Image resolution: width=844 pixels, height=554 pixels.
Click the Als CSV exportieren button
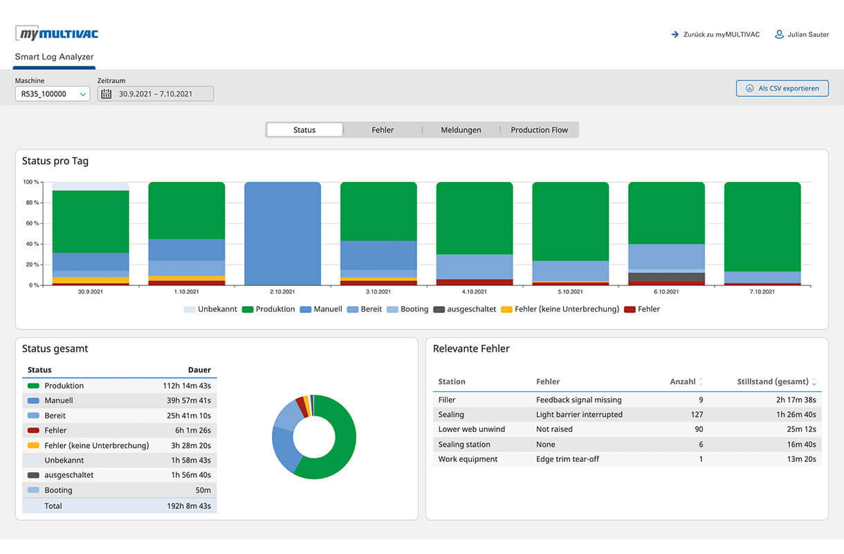pos(782,89)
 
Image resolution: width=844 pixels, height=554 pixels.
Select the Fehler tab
pos(383,130)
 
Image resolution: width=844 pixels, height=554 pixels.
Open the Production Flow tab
pos(539,130)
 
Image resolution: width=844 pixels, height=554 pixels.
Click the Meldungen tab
pos(461,130)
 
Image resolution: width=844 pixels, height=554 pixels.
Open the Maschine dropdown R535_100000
pos(53,94)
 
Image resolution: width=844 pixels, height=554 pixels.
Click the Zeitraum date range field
pos(155,94)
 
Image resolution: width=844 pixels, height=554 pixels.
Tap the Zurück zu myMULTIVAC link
pos(715,35)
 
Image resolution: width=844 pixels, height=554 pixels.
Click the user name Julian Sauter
pos(807,35)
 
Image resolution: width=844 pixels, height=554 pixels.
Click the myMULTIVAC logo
pos(57,33)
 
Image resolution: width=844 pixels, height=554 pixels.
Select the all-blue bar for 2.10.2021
pos(282,233)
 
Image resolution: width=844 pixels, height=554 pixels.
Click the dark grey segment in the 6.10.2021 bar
pos(666,277)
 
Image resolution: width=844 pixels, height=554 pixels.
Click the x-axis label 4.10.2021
pos(474,292)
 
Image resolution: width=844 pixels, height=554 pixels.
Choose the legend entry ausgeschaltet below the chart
pos(470,310)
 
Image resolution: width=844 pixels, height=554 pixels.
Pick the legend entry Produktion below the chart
pos(275,310)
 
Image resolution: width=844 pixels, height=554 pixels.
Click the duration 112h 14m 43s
pos(187,386)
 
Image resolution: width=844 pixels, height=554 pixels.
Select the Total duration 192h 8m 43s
pos(187,506)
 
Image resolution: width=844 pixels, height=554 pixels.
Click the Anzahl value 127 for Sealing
pos(696,415)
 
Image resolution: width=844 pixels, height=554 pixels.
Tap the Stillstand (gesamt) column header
pos(772,382)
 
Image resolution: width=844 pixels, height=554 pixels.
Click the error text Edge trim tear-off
pos(567,459)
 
